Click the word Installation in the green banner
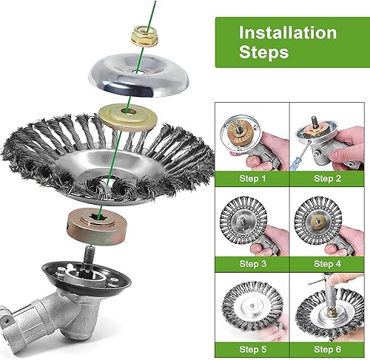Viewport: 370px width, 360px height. coord(288,33)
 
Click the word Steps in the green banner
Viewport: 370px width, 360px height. coord(263,52)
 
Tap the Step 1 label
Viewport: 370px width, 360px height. coord(252,178)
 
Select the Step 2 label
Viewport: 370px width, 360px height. coord(327,178)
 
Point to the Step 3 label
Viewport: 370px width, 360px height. coord(253,264)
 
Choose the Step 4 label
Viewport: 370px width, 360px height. coord(327,264)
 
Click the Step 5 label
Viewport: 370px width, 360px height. coord(253,349)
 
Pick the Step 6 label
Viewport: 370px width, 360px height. coord(327,349)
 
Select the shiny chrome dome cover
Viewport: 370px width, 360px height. coord(138,75)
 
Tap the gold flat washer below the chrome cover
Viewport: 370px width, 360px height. coord(128,117)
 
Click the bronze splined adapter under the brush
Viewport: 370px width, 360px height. coord(97,226)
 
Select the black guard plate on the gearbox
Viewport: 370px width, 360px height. coord(87,279)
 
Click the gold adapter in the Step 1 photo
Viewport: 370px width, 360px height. coord(238,132)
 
